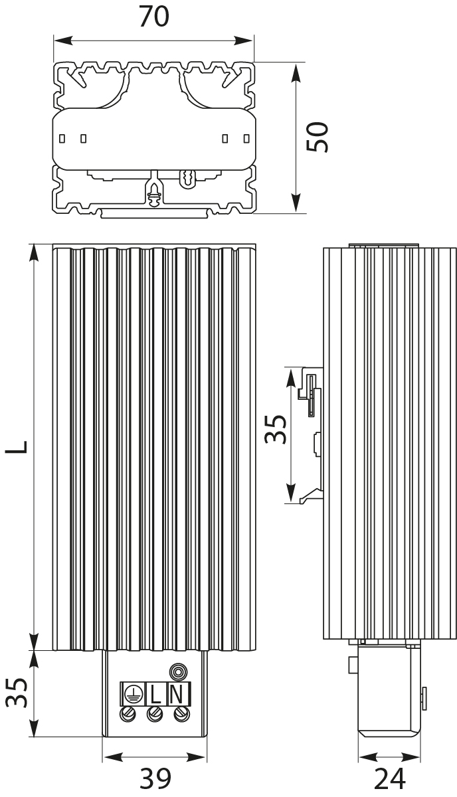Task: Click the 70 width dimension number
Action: point(153,17)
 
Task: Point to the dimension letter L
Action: point(19,446)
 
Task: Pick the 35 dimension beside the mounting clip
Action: point(275,428)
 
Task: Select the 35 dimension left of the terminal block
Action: point(19,693)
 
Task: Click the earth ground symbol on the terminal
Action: point(132,694)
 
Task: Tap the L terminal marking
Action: point(155,694)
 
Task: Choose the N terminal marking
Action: point(177,694)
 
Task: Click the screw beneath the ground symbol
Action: point(130,714)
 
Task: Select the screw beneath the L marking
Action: point(155,714)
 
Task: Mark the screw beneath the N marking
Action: point(180,714)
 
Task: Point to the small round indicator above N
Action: point(177,671)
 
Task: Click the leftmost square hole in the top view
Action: point(62,138)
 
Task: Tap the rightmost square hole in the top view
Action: point(246,138)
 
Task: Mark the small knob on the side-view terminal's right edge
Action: point(424,695)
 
